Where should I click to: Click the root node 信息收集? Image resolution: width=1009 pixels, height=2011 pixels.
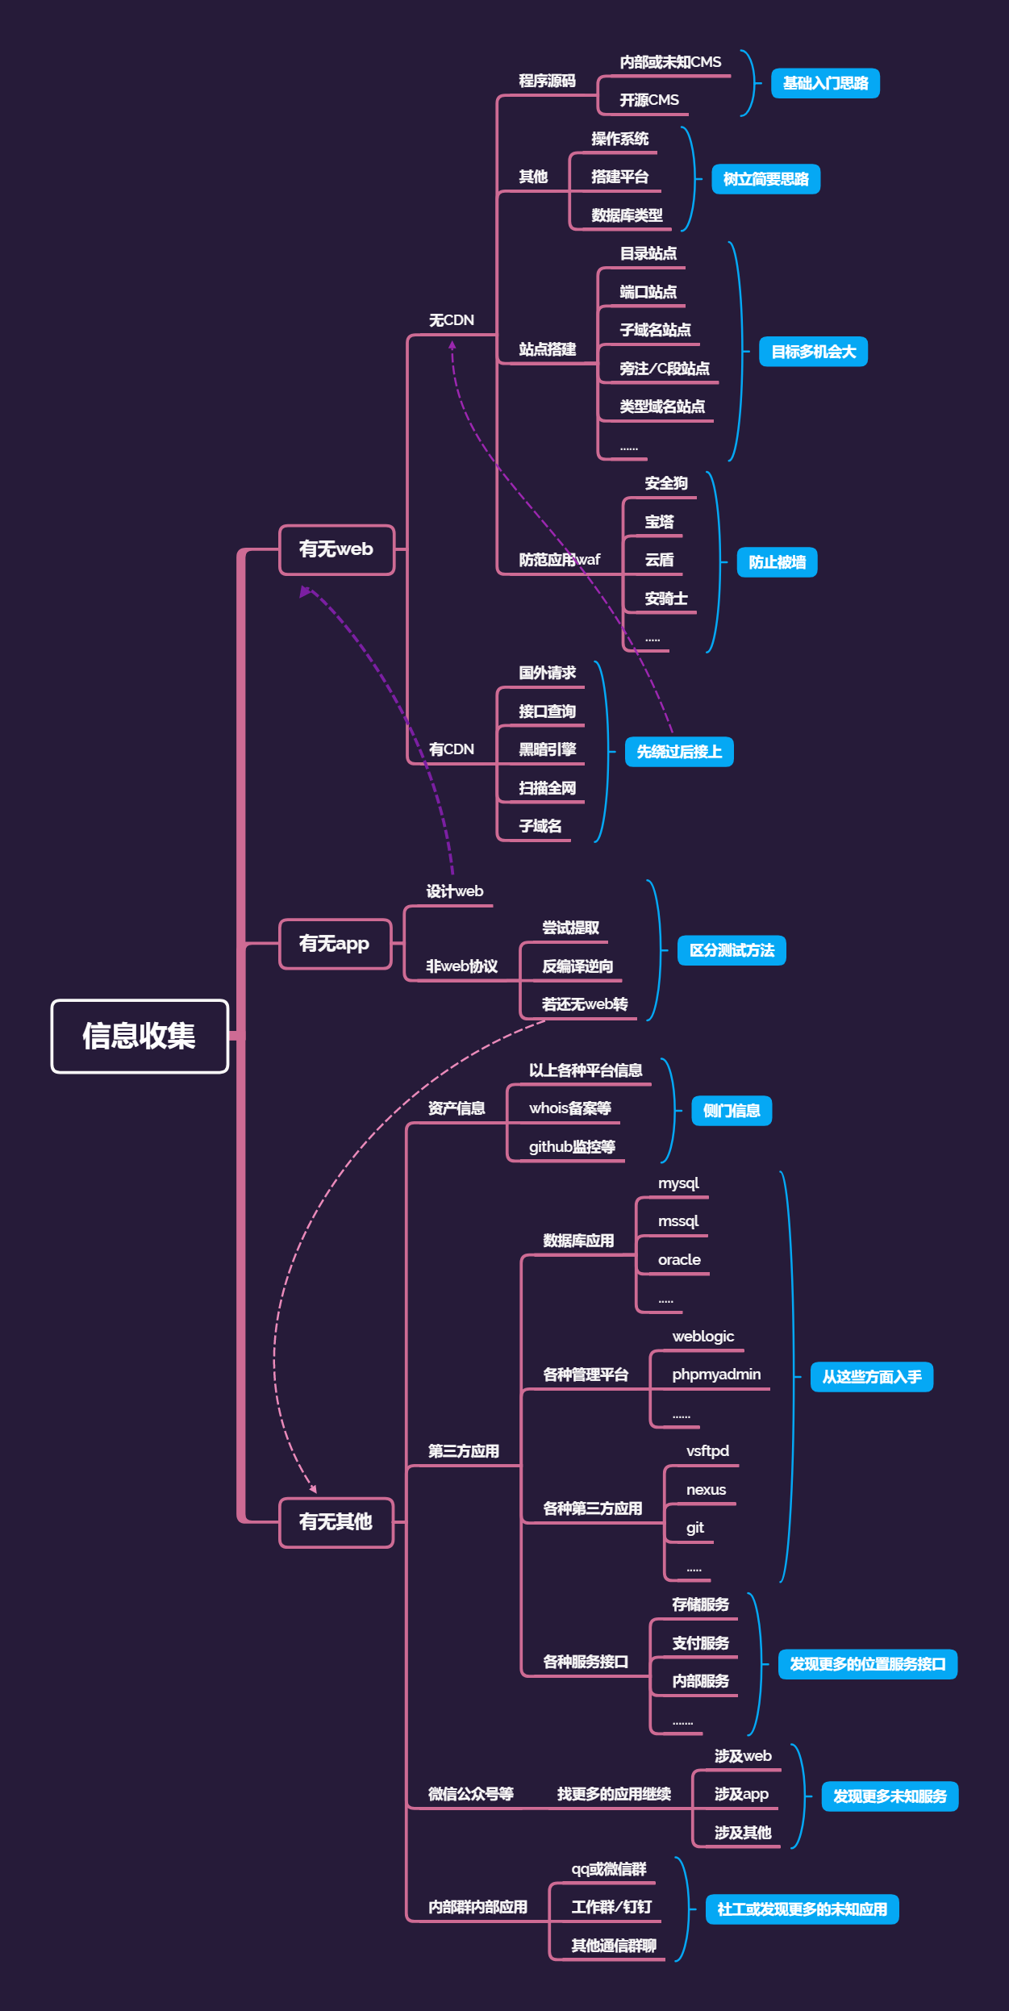(140, 1036)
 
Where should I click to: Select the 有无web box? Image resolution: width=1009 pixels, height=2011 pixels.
(336, 549)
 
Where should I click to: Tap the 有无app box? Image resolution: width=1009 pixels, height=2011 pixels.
(335, 943)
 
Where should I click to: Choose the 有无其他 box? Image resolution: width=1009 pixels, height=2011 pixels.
(336, 1521)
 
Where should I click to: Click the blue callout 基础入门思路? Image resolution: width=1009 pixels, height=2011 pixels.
(825, 83)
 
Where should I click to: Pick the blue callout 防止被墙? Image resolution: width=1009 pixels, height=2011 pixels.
(777, 562)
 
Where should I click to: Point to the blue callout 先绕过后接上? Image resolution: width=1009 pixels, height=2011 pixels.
(679, 752)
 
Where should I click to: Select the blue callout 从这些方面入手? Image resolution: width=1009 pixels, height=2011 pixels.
(871, 1376)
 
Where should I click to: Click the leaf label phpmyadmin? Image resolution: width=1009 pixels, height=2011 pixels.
(716, 1374)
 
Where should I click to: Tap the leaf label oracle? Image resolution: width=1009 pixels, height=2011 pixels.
(679, 1259)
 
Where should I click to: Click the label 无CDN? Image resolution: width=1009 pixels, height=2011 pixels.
(452, 320)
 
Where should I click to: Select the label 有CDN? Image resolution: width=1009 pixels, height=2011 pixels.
(452, 749)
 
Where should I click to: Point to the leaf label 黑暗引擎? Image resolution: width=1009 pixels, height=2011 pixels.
(547, 749)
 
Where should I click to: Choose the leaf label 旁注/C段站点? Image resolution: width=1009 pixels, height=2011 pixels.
(665, 369)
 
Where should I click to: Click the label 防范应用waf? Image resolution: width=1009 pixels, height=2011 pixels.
(560, 560)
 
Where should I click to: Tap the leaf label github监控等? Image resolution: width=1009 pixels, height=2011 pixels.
(572, 1146)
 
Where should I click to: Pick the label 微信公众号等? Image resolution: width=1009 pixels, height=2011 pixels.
(471, 1793)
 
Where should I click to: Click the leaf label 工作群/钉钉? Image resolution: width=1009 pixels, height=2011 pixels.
(611, 1907)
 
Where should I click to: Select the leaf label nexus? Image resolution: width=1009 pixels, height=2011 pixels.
(706, 1489)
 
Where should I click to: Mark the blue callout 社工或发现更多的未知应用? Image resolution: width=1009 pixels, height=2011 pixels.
(802, 1909)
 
